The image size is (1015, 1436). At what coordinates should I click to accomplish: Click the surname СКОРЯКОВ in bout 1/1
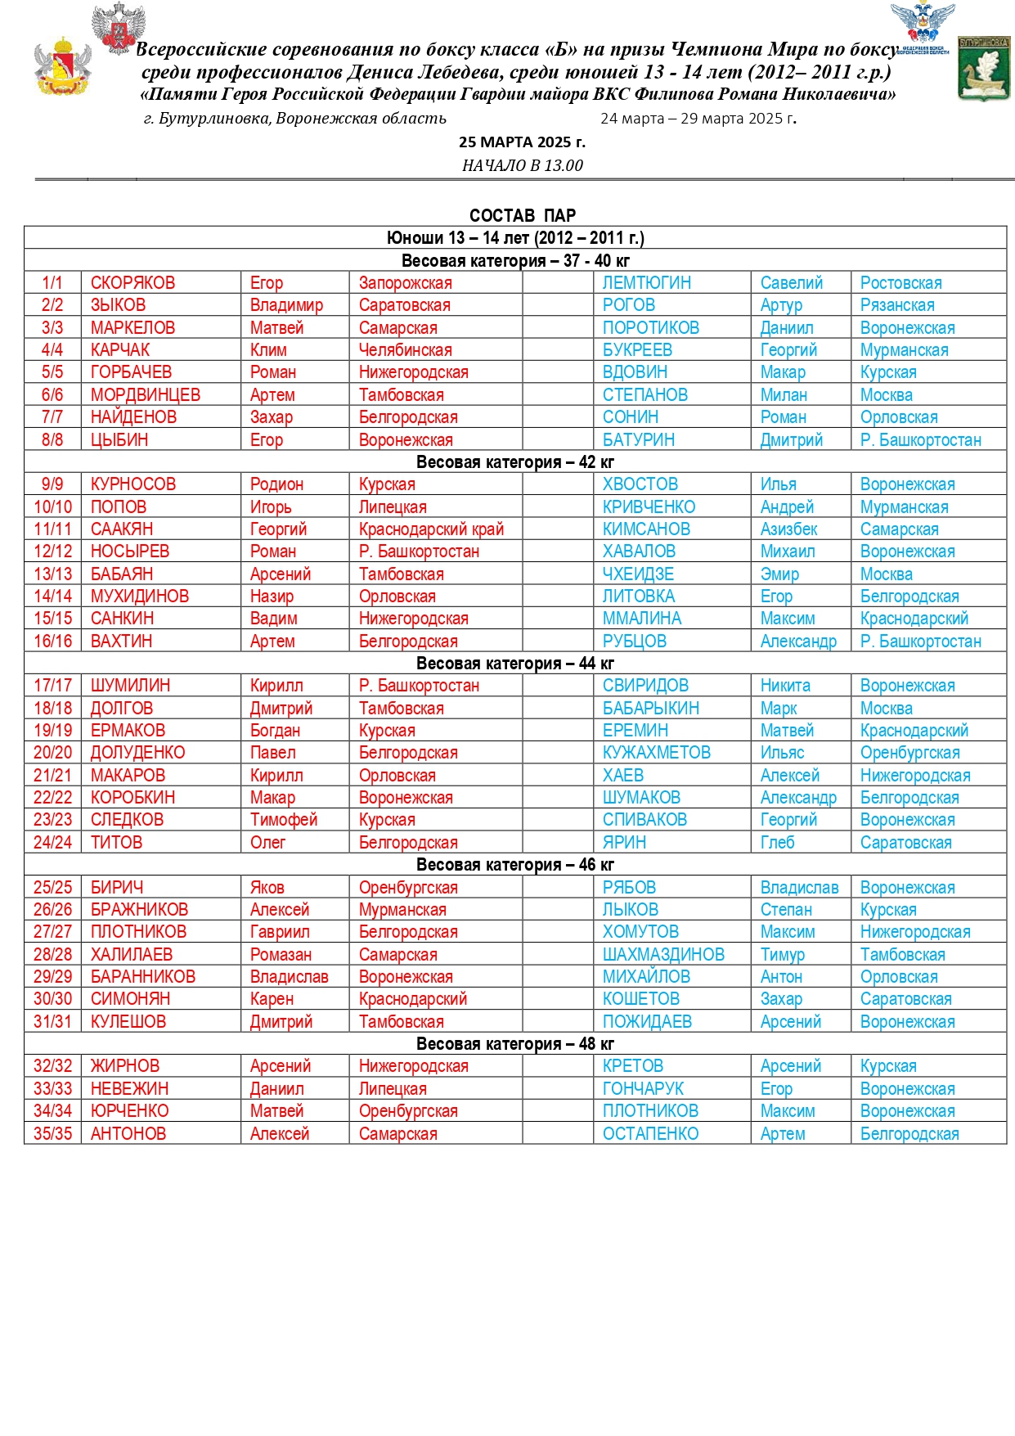(x=132, y=283)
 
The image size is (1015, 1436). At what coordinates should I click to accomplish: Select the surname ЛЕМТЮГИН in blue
(x=646, y=283)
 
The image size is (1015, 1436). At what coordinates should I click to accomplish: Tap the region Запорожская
(x=405, y=283)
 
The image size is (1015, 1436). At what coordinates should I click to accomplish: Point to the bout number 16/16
(x=52, y=641)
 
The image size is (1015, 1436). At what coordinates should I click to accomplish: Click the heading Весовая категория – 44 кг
(x=514, y=664)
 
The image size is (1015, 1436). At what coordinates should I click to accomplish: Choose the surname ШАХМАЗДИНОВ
(x=663, y=955)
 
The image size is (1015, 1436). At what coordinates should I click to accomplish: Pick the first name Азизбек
(x=788, y=529)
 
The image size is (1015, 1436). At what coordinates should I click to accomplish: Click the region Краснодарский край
(x=431, y=529)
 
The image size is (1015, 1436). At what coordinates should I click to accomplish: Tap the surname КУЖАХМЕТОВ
(x=656, y=753)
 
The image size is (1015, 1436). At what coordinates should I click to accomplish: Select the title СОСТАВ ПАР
(x=522, y=215)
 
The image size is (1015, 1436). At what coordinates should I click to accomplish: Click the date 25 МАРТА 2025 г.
(x=522, y=142)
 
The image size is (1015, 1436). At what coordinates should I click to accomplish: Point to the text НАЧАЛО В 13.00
(x=522, y=165)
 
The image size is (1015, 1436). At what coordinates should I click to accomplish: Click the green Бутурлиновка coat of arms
(x=983, y=70)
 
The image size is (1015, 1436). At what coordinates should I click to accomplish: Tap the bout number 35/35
(x=52, y=1134)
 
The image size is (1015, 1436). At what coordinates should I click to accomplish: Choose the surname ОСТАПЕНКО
(x=650, y=1134)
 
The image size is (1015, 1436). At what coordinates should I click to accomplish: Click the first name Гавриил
(x=280, y=932)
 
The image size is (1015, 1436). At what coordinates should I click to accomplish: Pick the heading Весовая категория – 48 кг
(x=514, y=1044)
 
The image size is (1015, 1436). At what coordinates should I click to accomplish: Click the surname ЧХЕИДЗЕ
(x=638, y=574)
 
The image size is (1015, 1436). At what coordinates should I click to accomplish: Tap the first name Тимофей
(x=283, y=820)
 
